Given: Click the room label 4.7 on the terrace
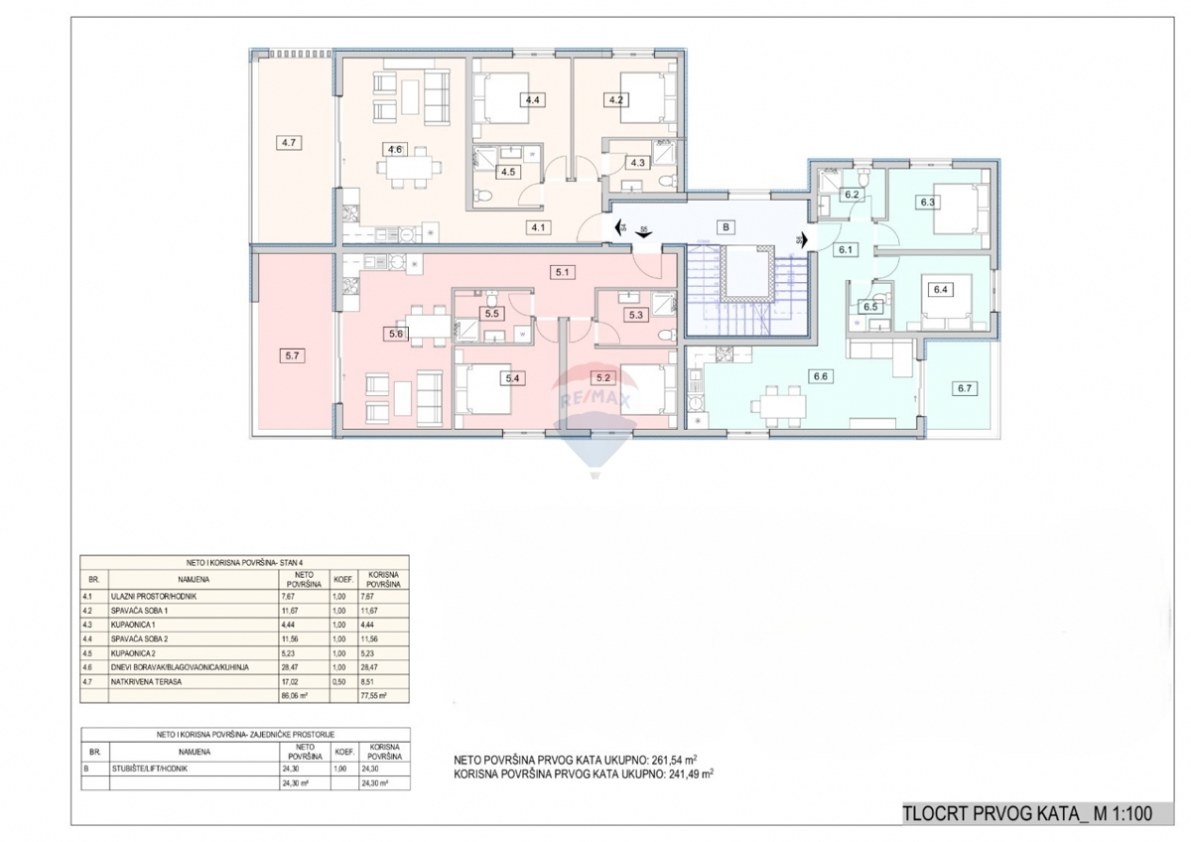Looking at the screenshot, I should click(290, 143).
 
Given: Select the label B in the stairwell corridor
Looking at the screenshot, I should click(727, 227).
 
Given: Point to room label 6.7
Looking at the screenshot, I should click(963, 388).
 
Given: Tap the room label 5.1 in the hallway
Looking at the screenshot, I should click(564, 270).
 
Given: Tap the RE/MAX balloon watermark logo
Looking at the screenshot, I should click(595, 407).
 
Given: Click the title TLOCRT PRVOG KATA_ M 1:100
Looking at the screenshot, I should click(1027, 814).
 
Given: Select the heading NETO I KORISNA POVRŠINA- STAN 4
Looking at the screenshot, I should click(243, 562).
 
